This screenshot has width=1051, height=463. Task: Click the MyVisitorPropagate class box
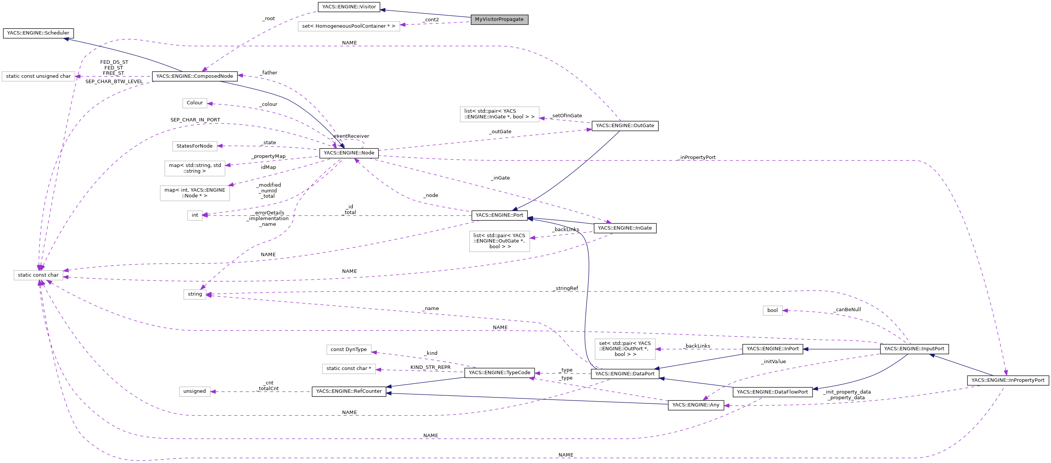(x=499, y=19)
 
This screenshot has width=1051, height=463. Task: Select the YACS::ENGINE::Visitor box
(x=349, y=7)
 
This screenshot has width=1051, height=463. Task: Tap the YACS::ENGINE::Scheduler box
(x=38, y=33)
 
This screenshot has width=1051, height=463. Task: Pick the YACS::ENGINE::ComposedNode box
(x=195, y=76)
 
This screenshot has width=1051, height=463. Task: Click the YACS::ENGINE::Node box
(x=349, y=153)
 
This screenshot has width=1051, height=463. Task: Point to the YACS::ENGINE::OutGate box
(x=625, y=126)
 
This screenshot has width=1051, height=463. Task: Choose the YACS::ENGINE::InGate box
(x=625, y=228)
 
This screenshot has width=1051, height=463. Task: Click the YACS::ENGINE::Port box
(x=499, y=215)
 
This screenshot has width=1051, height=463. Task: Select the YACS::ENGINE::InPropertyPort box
(x=1007, y=380)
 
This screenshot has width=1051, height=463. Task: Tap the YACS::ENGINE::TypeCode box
(x=499, y=372)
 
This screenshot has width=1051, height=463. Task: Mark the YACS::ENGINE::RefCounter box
(x=349, y=391)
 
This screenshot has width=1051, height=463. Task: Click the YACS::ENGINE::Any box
(x=696, y=405)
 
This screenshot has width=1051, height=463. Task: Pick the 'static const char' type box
(x=38, y=275)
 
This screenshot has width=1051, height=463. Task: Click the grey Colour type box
(x=195, y=103)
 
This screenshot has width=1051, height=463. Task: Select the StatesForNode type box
(x=195, y=146)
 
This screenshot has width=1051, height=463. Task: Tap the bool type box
(x=772, y=310)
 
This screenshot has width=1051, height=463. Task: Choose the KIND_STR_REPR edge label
(x=431, y=367)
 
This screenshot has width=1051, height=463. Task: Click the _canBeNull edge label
(x=847, y=310)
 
